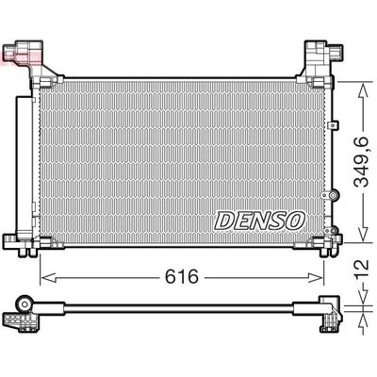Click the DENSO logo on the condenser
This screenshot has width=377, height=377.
click(260, 219)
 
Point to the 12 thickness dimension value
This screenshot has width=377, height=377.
click(359, 273)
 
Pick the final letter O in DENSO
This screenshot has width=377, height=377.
click(295, 219)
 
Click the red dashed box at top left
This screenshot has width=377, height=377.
click(20, 59)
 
